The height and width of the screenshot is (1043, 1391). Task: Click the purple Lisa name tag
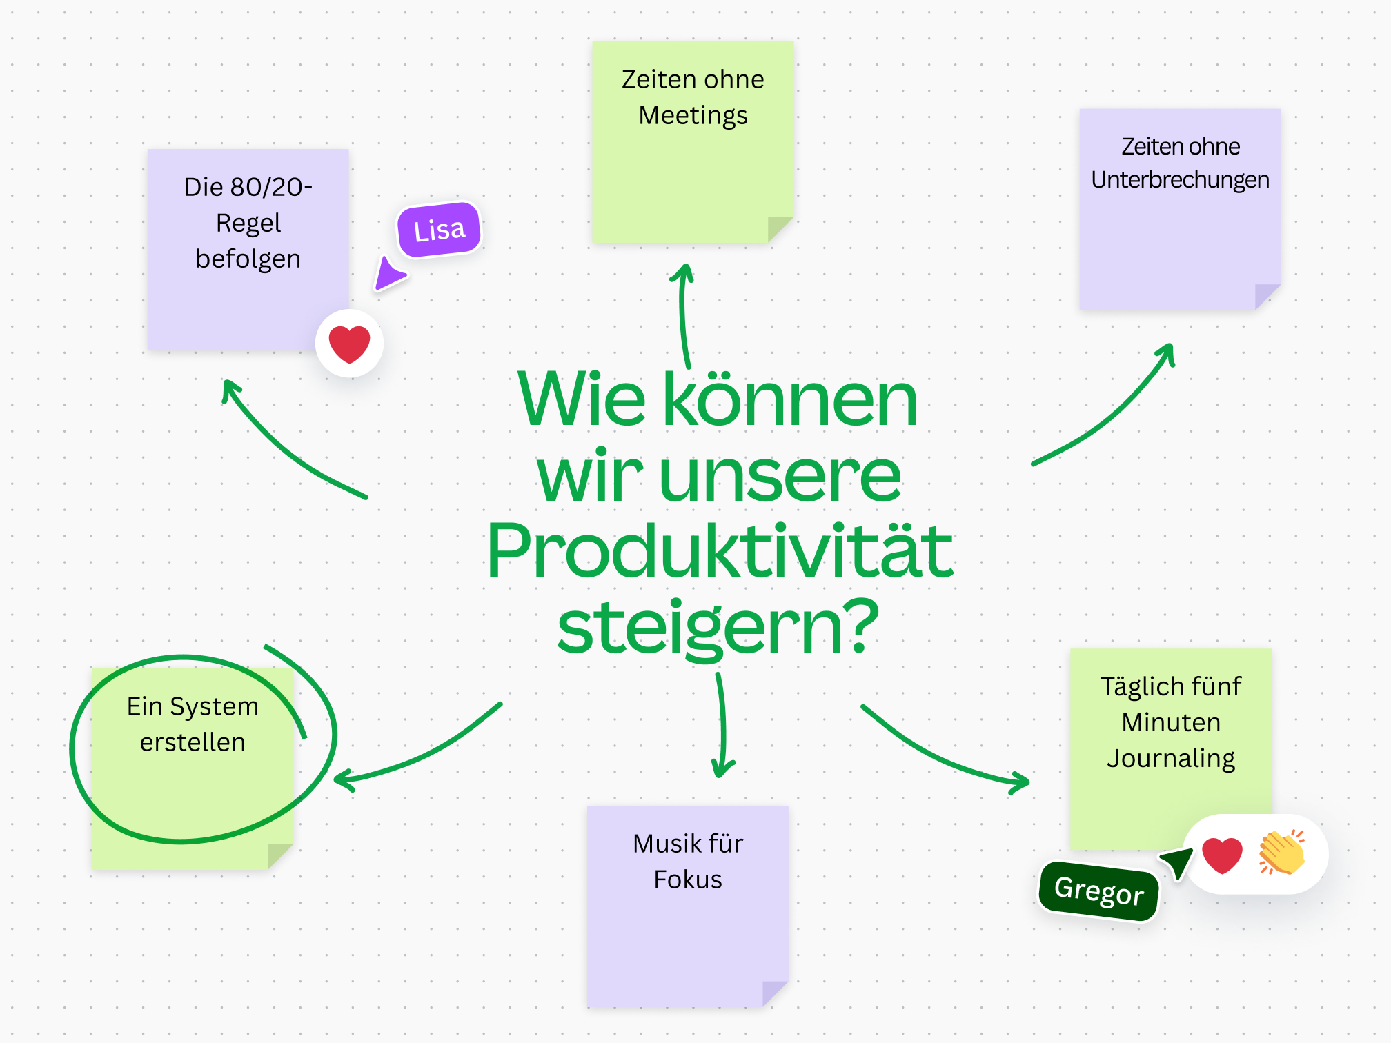point(439,230)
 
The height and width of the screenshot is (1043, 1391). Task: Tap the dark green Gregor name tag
point(1098,891)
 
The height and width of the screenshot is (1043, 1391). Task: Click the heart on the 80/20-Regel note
point(349,344)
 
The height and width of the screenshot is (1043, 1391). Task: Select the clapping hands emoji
point(1282,853)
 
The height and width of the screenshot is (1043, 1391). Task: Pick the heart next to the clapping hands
point(1222,855)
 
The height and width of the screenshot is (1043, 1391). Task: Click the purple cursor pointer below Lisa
point(388,275)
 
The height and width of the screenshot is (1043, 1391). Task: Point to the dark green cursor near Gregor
point(1178,862)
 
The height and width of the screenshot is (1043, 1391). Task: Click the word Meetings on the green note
point(693,115)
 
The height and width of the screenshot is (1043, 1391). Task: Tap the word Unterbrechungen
point(1180,179)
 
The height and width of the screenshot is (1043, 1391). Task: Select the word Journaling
point(1171,758)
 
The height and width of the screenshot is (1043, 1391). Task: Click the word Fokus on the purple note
point(687,880)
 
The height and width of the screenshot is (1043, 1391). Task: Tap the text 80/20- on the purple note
point(271,187)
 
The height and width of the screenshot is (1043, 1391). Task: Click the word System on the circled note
point(214,706)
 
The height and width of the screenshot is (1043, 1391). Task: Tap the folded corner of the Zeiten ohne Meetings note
point(779,228)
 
